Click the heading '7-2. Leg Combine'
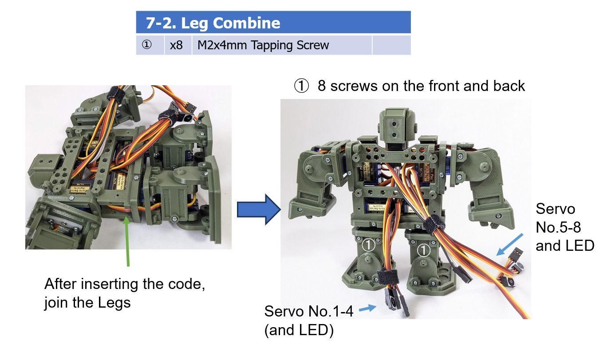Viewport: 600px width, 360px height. [x=213, y=23]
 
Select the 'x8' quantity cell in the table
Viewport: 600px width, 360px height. [x=177, y=45]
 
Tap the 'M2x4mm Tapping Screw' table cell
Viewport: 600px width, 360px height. [x=263, y=45]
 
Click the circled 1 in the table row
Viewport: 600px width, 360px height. [x=147, y=45]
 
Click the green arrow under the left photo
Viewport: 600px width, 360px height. [x=128, y=240]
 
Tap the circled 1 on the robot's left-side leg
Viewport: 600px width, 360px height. [x=369, y=245]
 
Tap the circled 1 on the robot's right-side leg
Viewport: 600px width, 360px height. [x=425, y=250]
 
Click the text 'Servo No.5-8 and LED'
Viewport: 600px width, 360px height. [x=564, y=227]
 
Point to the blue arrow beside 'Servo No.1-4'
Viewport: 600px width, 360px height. [x=366, y=308]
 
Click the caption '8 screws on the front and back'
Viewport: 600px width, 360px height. [x=409, y=86]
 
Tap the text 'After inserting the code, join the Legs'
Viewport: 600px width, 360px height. [x=124, y=293]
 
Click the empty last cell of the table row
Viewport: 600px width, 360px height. [x=391, y=45]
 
